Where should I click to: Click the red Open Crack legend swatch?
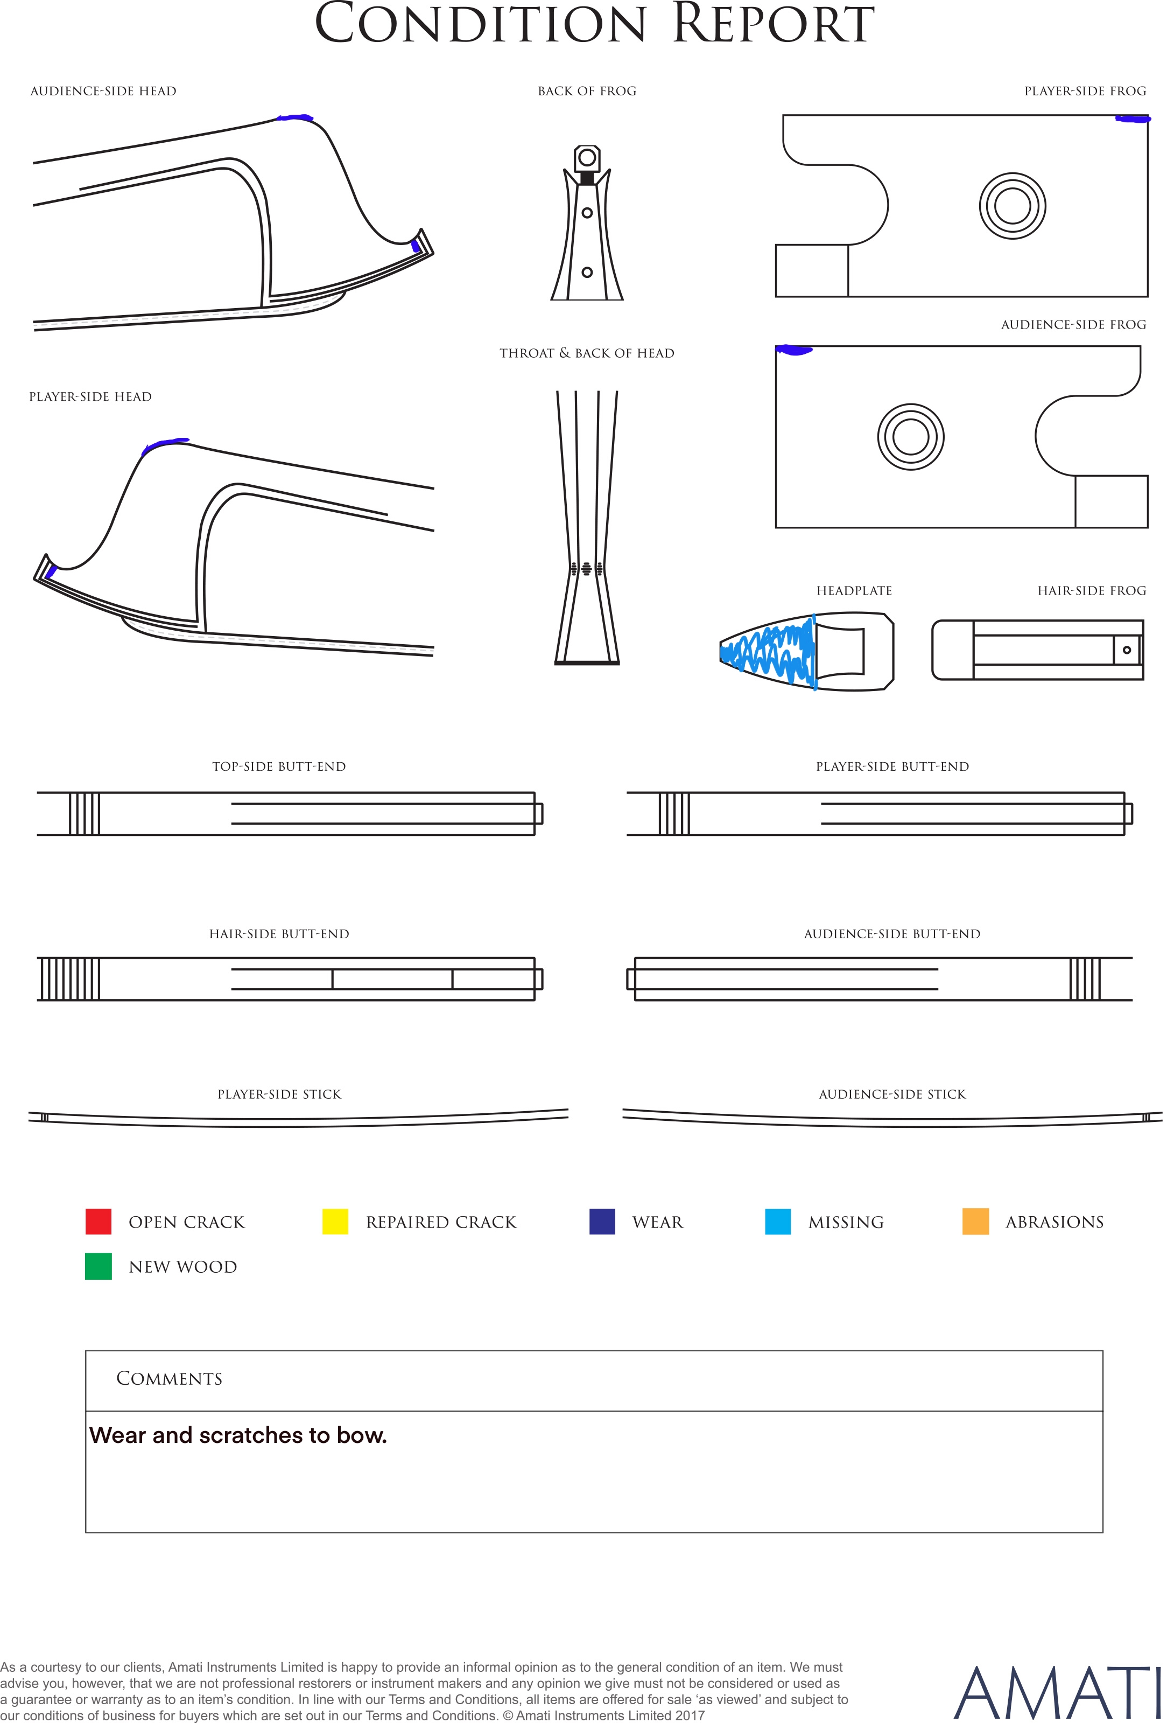click(x=98, y=1221)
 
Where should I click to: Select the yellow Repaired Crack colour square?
click(x=335, y=1221)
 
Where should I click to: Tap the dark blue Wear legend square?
click(x=602, y=1221)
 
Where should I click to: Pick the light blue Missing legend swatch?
click(x=777, y=1221)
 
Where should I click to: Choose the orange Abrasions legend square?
click(x=975, y=1221)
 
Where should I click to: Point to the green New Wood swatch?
click(x=98, y=1266)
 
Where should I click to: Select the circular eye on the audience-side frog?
click(x=910, y=437)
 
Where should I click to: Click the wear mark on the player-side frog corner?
click(x=1133, y=118)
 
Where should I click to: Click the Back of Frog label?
click(x=587, y=91)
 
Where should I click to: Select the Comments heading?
click(x=169, y=1378)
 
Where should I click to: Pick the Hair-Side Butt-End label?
click(x=279, y=934)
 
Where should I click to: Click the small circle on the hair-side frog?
click(x=1127, y=650)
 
